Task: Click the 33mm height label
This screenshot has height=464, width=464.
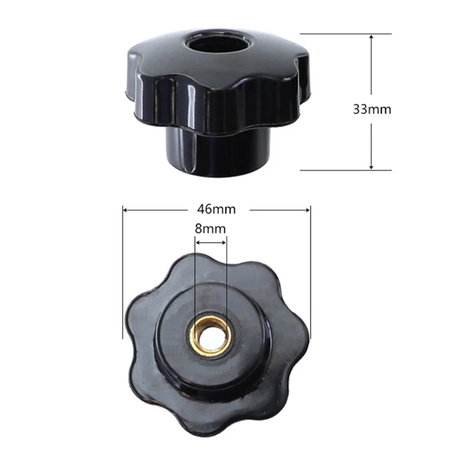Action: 372,108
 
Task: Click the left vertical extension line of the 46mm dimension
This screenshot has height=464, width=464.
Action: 122,273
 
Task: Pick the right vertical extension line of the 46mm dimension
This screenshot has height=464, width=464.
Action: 311,273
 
